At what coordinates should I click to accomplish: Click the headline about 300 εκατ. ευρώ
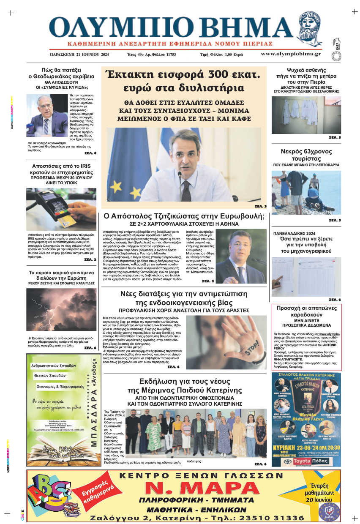(182, 82)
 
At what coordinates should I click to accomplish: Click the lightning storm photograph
(61, 309)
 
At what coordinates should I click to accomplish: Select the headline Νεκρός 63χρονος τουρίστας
(306, 156)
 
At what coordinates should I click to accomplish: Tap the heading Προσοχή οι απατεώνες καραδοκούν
(306, 311)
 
